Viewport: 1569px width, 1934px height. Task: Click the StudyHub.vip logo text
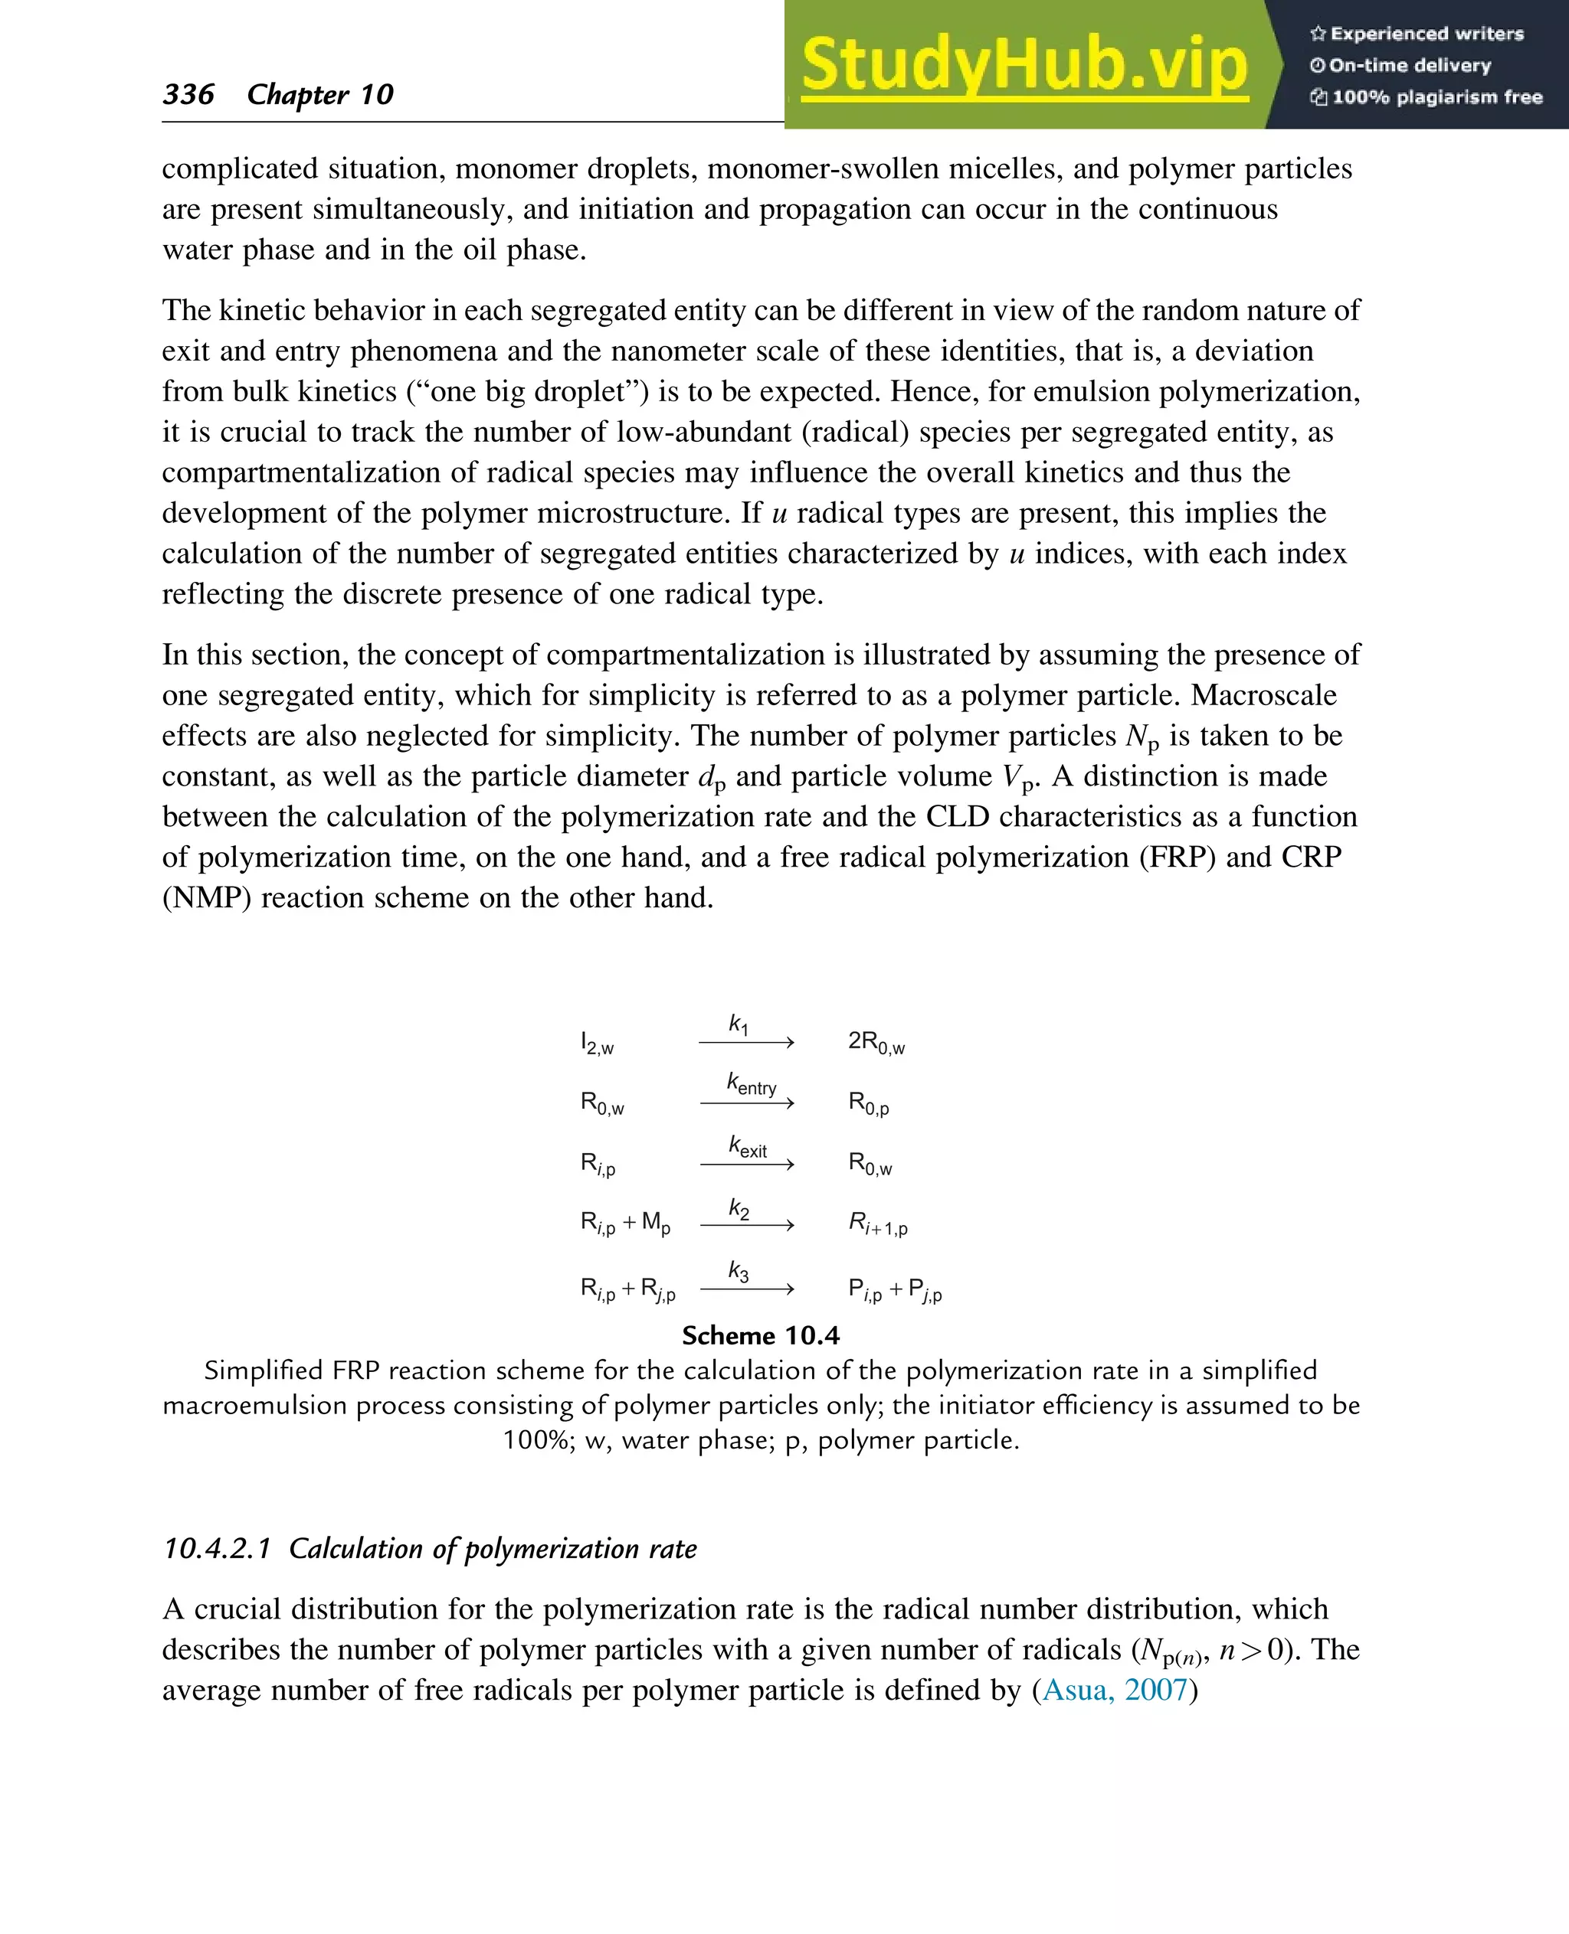click(x=1024, y=65)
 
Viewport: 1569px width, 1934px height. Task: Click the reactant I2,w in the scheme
click(x=597, y=1044)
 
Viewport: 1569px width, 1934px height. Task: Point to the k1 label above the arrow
click(x=739, y=1024)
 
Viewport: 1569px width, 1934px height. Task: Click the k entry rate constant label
click(x=751, y=1084)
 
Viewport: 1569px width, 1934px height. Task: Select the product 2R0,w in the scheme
click(x=876, y=1043)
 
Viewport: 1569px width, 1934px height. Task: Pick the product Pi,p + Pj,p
click(x=895, y=1289)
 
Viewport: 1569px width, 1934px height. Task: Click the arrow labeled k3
click(x=746, y=1289)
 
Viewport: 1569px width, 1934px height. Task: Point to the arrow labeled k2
click(x=746, y=1225)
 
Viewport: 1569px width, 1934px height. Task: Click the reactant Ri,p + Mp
click(x=625, y=1224)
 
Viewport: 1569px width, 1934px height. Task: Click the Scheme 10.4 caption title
click(x=760, y=1335)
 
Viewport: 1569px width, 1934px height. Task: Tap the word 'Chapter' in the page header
click(x=297, y=94)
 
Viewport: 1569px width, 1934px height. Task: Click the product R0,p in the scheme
click(x=869, y=1103)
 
